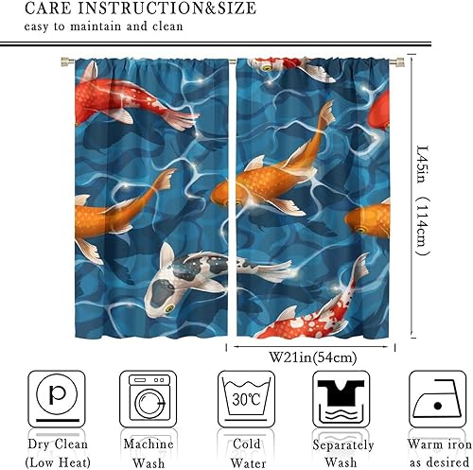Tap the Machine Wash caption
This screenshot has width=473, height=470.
coord(148,452)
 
